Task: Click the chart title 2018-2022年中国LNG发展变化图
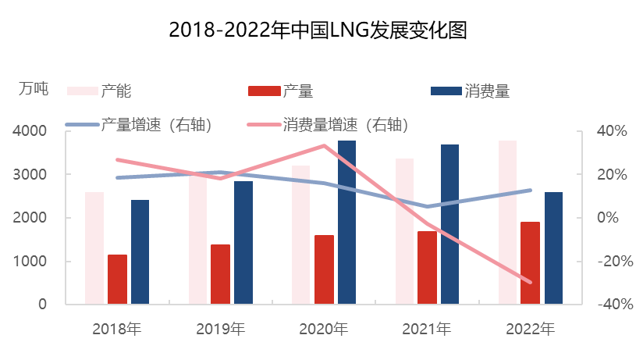(318, 30)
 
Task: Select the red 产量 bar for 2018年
(117, 279)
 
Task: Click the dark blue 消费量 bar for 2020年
(346, 222)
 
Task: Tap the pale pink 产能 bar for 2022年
(508, 222)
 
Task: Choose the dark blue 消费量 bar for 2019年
(243, 242)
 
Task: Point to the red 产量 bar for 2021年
(427, 267)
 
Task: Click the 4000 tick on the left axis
(29, 131)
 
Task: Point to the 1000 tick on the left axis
(29, 262)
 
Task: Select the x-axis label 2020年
(323, 329)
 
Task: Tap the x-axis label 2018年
(116, 329)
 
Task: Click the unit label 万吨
(34, 89)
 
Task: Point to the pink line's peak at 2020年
(324, 145)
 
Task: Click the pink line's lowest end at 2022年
(531, 282)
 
